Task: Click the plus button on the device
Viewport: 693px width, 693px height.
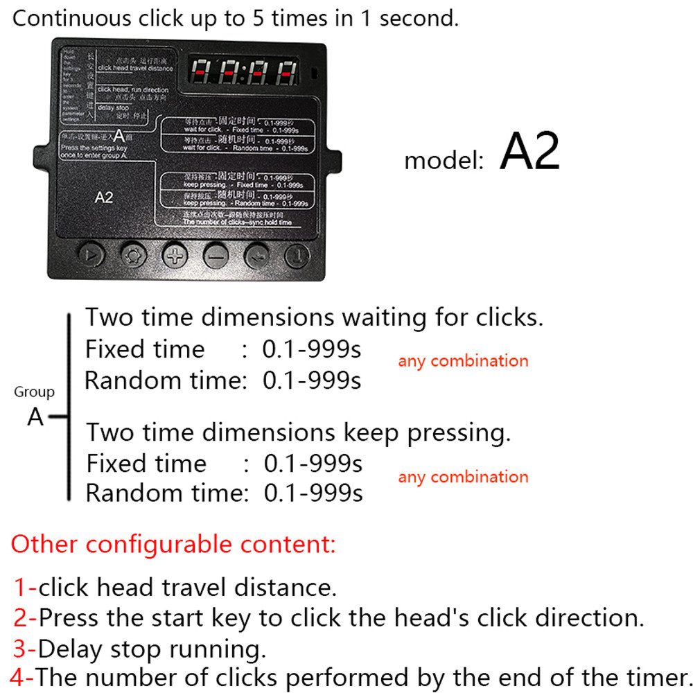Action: (x=175, y=254)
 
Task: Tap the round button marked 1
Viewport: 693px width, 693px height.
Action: (x=298, y=254)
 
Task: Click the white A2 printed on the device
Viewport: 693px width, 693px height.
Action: (x=103, y=198)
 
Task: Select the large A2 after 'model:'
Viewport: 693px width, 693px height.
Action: (x=529, y=152)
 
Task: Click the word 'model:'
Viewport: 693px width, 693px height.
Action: (x=444, y=161)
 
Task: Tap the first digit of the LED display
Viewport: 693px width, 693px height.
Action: (x=202, y=71)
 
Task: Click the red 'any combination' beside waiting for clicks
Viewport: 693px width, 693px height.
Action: (x=463, y=361)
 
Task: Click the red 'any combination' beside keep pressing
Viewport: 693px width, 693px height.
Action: (x=463, y=477)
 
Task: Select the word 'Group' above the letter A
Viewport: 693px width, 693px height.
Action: (x=34, y=392)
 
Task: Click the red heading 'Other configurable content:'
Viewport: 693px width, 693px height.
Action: (x=173, y=544)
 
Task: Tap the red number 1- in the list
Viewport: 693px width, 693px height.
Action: (x=25, y=588)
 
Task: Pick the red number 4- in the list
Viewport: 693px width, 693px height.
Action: (x=21, y=677)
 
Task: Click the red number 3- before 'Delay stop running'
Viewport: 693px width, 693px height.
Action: (x=24, y=649)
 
